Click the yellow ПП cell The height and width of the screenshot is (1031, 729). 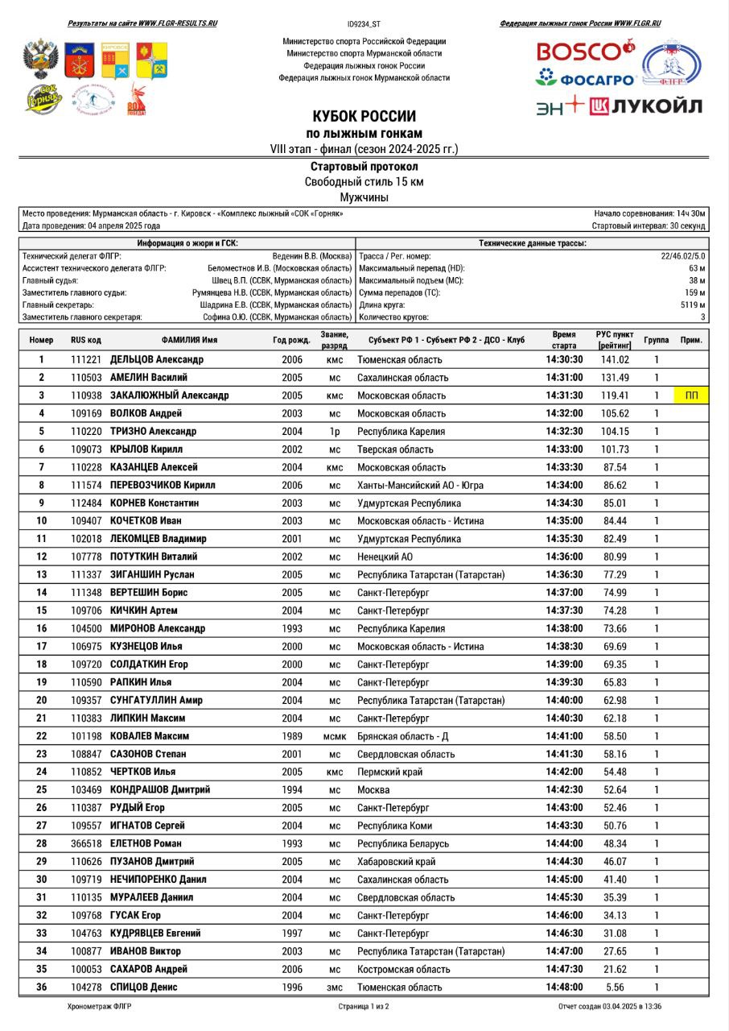[x=691, y=395]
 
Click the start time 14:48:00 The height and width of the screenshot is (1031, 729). [x=564, y=987]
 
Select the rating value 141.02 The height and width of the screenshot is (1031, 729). [x=615, y=359]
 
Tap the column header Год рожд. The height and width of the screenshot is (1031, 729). [x=291, y=340]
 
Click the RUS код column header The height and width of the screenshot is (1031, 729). [x=86, y=340]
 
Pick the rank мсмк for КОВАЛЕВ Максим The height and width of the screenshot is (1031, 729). [x=334, y=736]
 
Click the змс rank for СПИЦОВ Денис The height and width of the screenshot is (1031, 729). [x=334, y=987]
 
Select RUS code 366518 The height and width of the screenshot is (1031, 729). [x=86, y=843]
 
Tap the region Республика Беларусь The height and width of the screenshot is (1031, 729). [x=403, y=843]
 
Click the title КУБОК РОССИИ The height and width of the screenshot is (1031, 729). [x=364, y=116]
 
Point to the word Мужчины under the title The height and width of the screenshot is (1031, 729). [x=364, y=197]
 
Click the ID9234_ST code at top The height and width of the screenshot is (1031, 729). [x=364, y=25]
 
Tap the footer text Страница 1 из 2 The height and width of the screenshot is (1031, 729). [x=364, y=1007]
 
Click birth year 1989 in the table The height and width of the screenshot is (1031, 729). [x=292, y=736]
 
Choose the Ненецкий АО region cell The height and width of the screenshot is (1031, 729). [x=385, y=557]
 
